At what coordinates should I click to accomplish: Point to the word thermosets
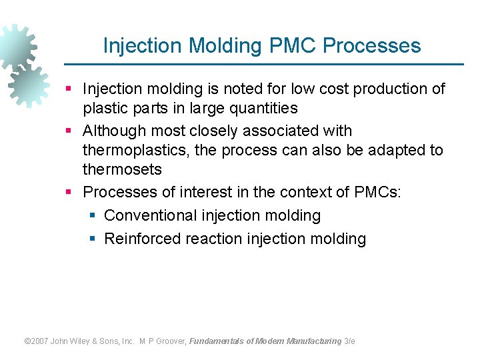(122, 169)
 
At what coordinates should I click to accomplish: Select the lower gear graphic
(28, 85)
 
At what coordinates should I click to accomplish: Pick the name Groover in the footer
(173, 341)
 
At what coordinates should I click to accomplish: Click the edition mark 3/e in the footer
(349, 341)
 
